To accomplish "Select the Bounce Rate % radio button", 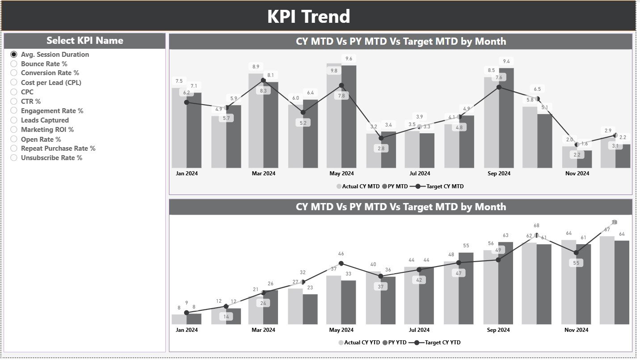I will click(x=14, y=64).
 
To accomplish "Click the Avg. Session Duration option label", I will click(x=55, y=55).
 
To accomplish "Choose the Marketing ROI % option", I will click(x=47, y=130).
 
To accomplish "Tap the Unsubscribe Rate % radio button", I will click(x=14, y=158).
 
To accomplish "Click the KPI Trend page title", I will click(x=308, y=17).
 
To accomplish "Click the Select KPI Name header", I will click(x=85, y=41).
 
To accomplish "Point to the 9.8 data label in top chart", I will click(x=334, y=71).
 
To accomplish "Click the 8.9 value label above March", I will click(x=256, y=67).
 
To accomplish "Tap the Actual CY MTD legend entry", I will click(x=358, y=186).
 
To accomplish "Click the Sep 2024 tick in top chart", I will click(x=499, y=174).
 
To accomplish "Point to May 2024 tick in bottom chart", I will click(x=341, y=330).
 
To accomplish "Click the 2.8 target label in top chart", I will click(x=381, y=148).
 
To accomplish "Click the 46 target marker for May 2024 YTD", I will click(x=341, y=263).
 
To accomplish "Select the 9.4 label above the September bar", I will click(x=506, y=61).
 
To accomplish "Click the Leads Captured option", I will click(x=45, y=120).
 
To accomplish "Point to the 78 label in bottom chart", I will click(x=615, y=222).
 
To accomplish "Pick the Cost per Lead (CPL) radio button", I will click(x=14, y=83).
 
